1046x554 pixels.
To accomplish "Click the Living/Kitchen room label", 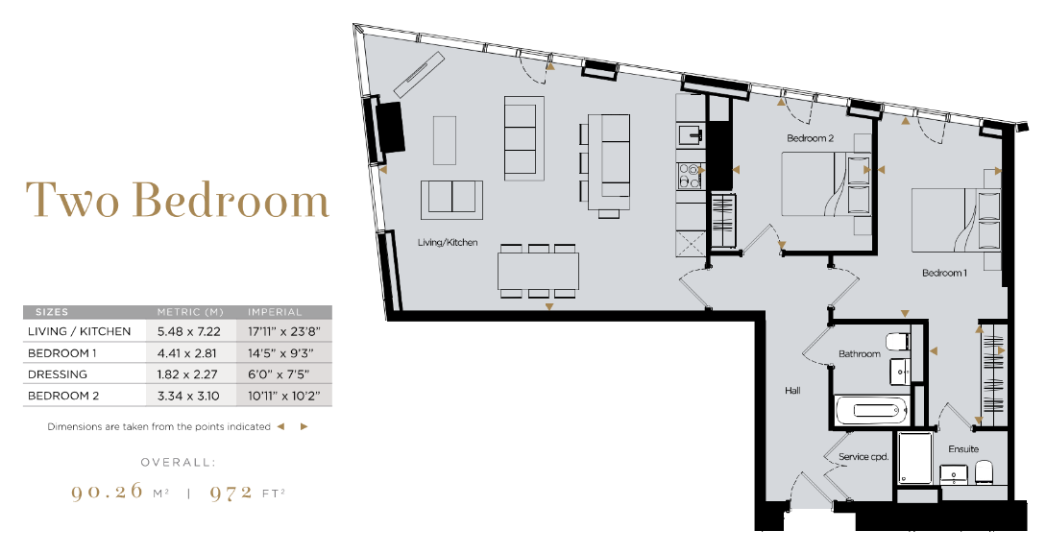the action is pos(448,243).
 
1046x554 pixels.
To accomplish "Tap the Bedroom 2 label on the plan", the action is pos(810,138).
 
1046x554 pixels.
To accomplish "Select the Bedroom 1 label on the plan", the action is pos(944,273).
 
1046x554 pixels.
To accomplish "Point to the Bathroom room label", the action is pos(860,354).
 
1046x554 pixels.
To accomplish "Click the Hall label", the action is pos(792,391).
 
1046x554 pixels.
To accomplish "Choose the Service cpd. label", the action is pos(864,457).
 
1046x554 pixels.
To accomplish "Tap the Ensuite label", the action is pos(963,449).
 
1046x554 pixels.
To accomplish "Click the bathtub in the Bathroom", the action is pos(870,410).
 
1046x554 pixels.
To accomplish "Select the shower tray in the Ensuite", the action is pos(914,458).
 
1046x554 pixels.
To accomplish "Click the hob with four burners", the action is pos(690,177).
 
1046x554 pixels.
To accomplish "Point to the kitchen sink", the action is pos(690,135).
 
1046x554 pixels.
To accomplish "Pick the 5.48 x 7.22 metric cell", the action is pos(189,331).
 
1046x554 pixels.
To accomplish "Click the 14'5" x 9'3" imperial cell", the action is pos(280,353).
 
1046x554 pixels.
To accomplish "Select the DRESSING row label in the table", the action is pos(58,374).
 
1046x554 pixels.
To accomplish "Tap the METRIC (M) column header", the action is pos(190,312).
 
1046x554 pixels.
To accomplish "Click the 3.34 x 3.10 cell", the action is pos(188,396).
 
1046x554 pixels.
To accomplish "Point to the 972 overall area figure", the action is pos(231,493).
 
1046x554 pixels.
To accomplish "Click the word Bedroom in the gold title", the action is pos(231,200).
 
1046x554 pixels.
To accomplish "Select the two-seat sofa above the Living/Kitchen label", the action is pos(451,200).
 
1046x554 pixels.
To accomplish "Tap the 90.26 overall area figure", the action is pos(107,492).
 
